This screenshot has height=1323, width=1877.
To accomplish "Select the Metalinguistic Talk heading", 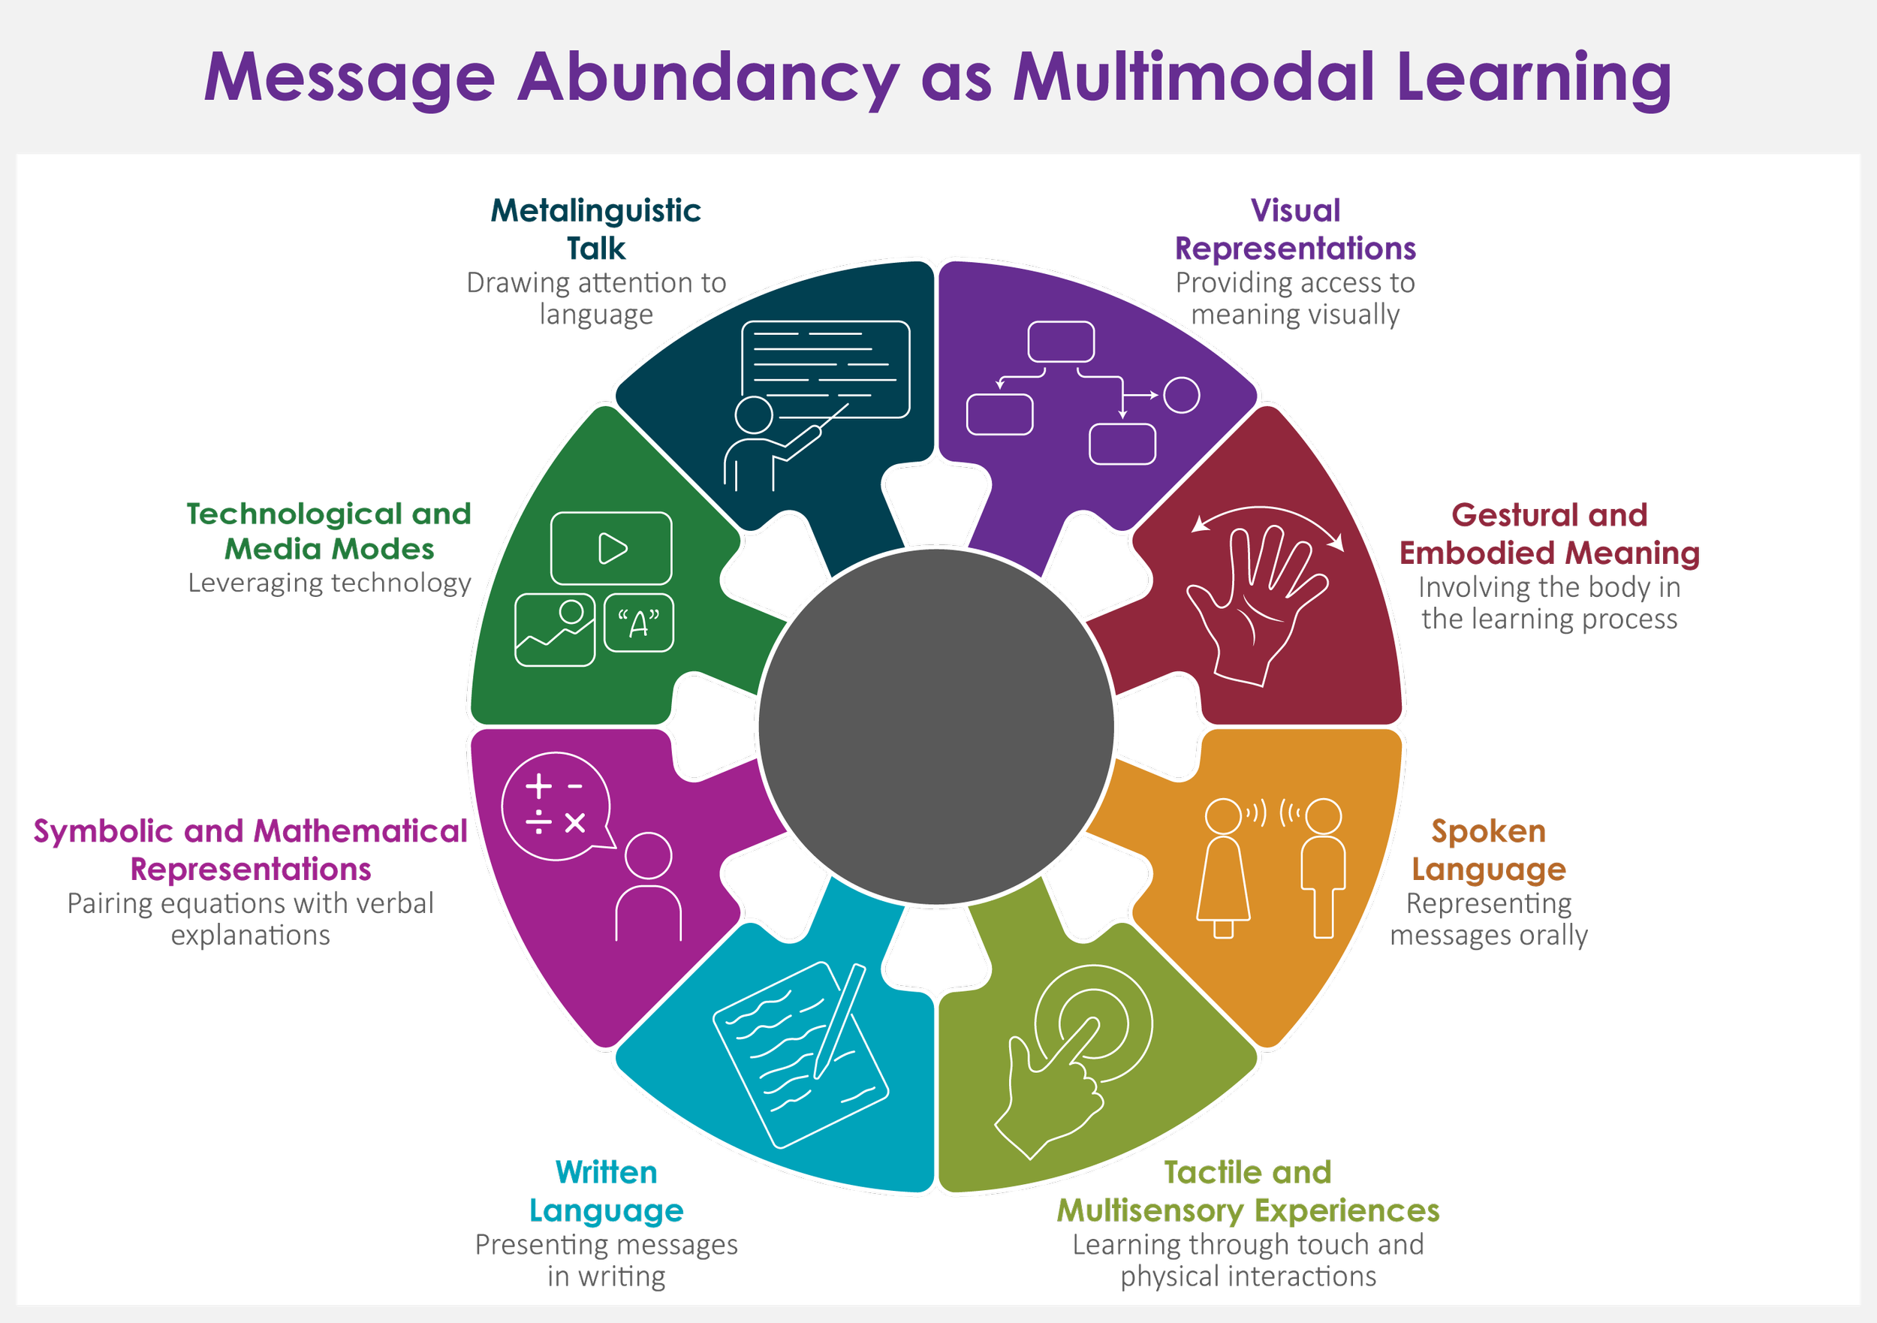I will (x=597, y=229).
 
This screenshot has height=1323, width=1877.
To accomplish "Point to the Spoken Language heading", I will (x=1489, y=851).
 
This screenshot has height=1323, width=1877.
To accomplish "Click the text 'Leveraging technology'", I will (x=330, y=583).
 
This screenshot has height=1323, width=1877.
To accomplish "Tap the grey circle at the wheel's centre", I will (x=936, y=727).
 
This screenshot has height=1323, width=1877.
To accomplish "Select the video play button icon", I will (x=611, y=548).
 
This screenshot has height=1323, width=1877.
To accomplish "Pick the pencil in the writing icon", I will (x=839, y=1022).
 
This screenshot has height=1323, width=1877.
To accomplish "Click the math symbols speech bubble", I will (x=556, y=806).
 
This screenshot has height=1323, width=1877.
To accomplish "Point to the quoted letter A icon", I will (x=638, y=624).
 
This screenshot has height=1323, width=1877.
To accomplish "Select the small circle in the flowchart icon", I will (x=1181, y=395).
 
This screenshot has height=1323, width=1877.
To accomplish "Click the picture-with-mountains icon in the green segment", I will (x=554, y=630).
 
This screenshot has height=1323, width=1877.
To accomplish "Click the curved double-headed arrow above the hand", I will (x=1267, y=520).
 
